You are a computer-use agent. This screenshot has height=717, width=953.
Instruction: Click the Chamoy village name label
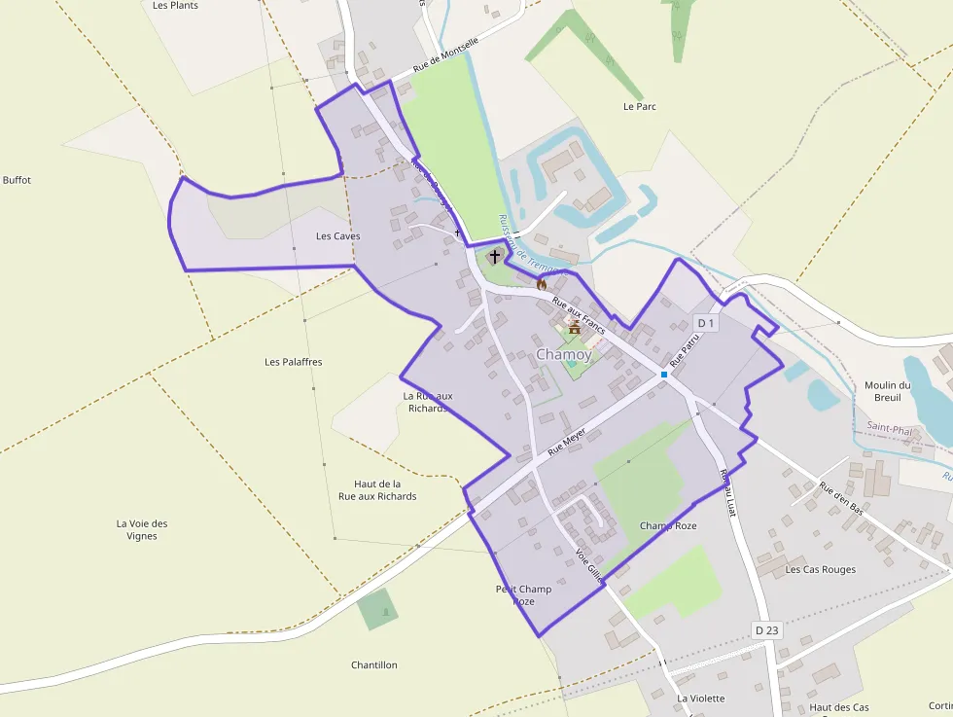point(563,355)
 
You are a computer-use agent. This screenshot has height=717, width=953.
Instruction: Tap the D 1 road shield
point(706,323)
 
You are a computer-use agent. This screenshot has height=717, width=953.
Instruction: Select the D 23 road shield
point(766,630)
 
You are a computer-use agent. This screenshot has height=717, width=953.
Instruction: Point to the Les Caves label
point(338,236)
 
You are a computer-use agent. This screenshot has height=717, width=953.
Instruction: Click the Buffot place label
point(18,180)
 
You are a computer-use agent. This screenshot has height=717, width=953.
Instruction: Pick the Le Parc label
point(640,106)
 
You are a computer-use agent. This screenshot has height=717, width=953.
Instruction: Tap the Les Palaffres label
point(293,362)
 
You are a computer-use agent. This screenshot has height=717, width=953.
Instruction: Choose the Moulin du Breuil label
point(887,391)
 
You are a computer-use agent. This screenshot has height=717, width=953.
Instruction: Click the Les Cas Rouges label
point(821,569)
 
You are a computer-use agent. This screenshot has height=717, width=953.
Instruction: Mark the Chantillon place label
point(374,665)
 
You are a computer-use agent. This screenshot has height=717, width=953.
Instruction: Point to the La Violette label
point(701,699)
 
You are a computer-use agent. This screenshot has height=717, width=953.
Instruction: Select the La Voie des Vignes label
point(142,529)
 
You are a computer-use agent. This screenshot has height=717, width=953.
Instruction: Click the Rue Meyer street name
point(567,442)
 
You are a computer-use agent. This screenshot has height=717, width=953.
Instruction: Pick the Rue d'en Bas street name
point(841,498)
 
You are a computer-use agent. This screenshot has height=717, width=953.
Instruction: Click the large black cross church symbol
point(495,257)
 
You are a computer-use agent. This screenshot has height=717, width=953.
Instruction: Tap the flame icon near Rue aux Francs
point(542,284)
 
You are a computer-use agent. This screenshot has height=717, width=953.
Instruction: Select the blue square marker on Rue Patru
point(664,375)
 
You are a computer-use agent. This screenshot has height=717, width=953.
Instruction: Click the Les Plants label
point(176,6)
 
